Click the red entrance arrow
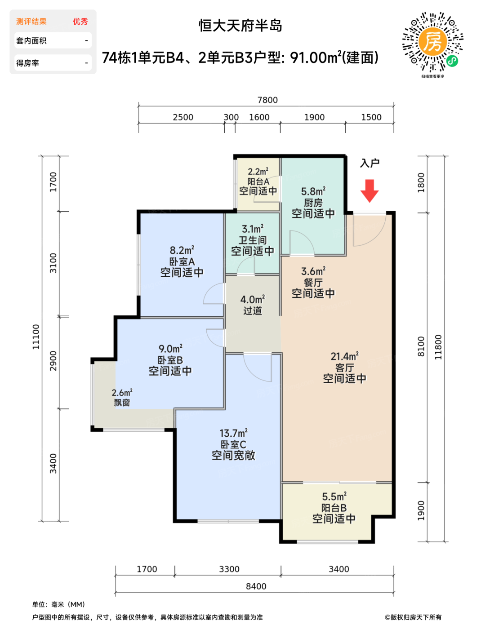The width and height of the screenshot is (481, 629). click(370, 191)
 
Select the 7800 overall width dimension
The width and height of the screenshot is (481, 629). click(267, 100)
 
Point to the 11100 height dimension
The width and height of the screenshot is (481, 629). click(36, 337)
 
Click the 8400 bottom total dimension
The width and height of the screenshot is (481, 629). click(256, 586)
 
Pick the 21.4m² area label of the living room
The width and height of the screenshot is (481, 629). click(344, 356)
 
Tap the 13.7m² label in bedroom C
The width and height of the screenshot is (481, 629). click(234, 433)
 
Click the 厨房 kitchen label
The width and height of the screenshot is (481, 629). click(313, 203)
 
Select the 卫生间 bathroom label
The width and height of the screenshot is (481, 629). click(253, 240)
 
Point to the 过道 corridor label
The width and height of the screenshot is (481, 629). click(253, 310)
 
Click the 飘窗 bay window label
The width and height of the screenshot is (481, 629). click(122, 403)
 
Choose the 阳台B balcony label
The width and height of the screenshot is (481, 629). click(334, 508)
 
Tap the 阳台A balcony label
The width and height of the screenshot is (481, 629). click(258, 182)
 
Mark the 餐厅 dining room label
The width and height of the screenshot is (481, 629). click(313, 283)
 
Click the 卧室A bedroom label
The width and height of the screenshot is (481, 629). click(182, 261)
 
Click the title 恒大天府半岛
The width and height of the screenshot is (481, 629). click(240, 26)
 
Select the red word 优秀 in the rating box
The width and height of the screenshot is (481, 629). click(80, 22)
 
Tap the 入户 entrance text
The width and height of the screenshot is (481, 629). click(370, 163)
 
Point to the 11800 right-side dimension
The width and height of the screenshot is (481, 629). click(438, 347)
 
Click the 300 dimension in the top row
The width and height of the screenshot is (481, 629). click(231, 117)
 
